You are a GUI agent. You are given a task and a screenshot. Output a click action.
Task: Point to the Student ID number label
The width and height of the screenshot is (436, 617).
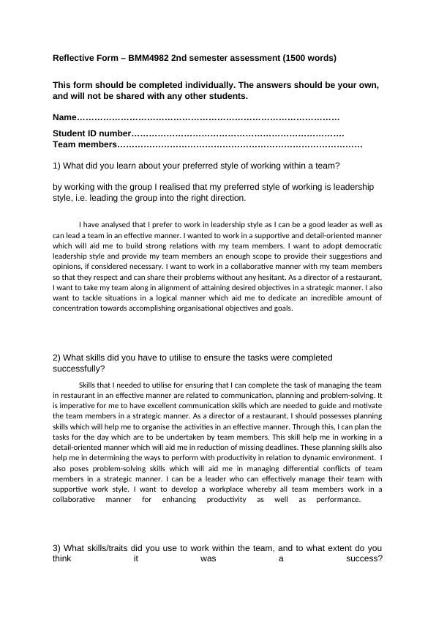click(91, 134)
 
